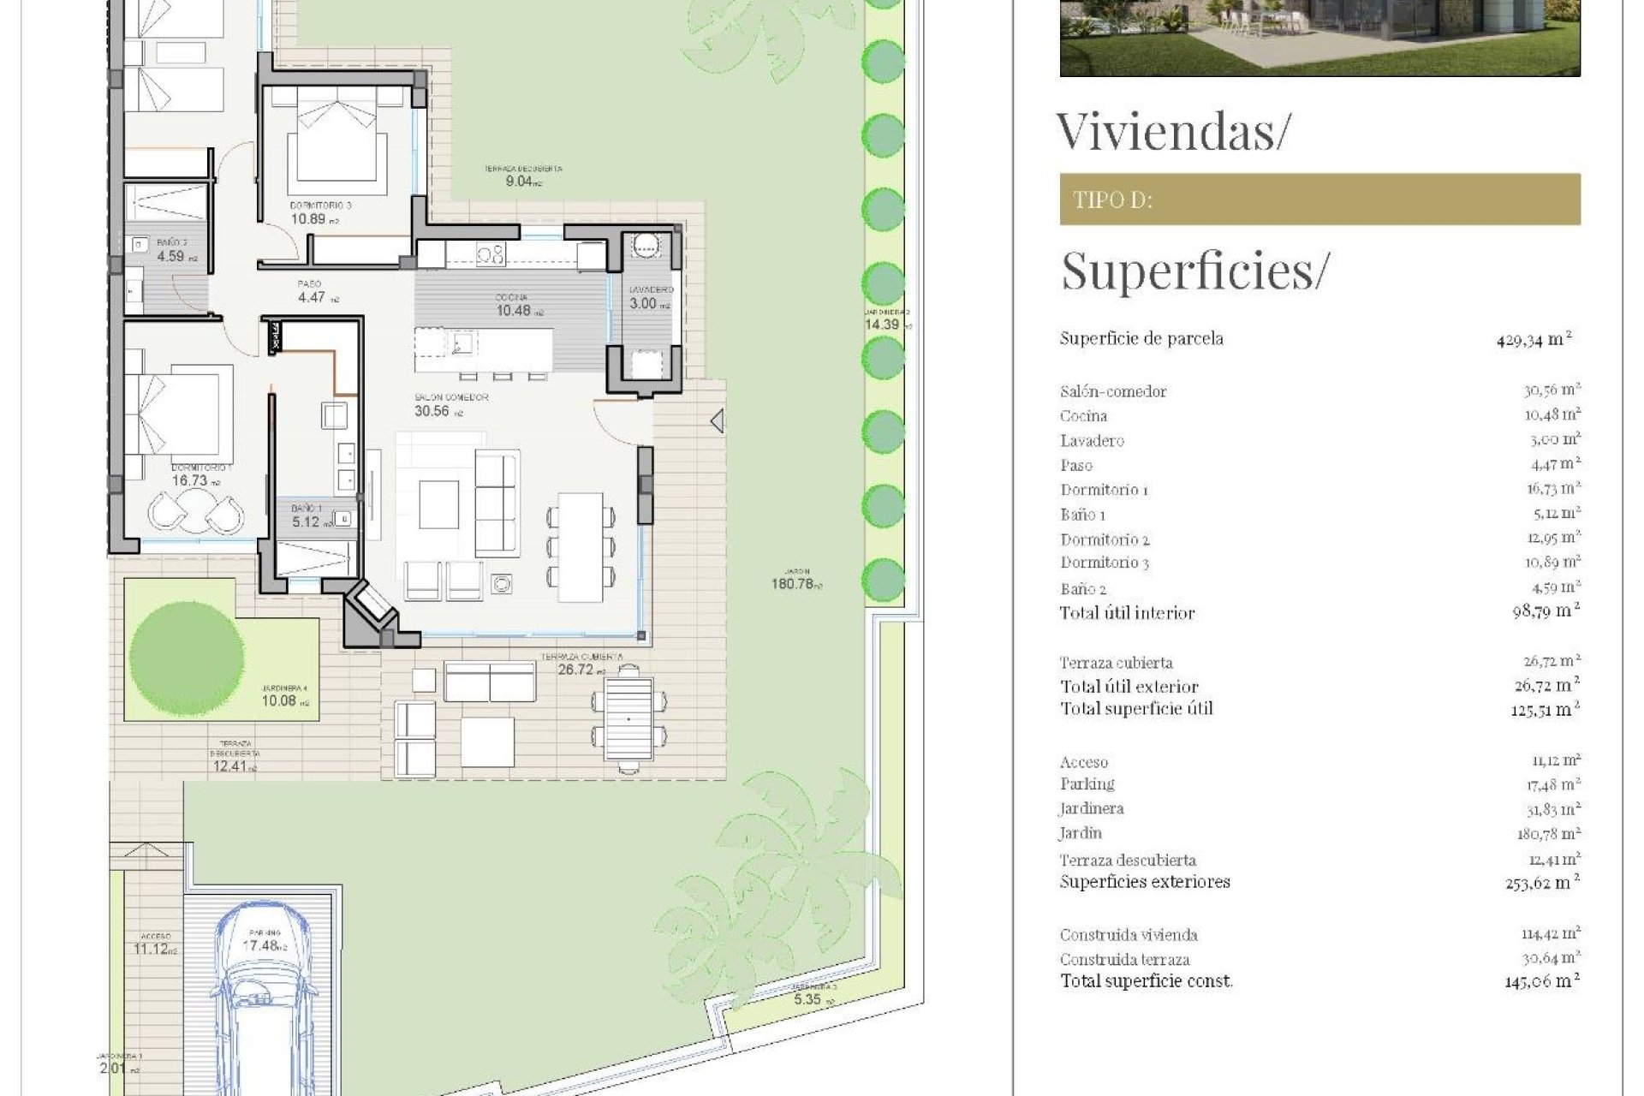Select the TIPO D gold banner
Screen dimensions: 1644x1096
pos(1319,200)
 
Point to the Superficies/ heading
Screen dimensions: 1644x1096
pos(1194,270)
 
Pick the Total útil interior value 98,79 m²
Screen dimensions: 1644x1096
pos(1546,611)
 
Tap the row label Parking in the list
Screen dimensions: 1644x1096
pos(1087,784)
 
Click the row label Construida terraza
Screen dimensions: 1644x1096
pos(1124,960)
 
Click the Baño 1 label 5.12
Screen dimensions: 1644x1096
pos(308,516)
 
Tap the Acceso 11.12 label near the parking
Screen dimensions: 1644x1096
pos(155,944)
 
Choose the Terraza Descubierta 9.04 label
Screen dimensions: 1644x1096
pos(522,176)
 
